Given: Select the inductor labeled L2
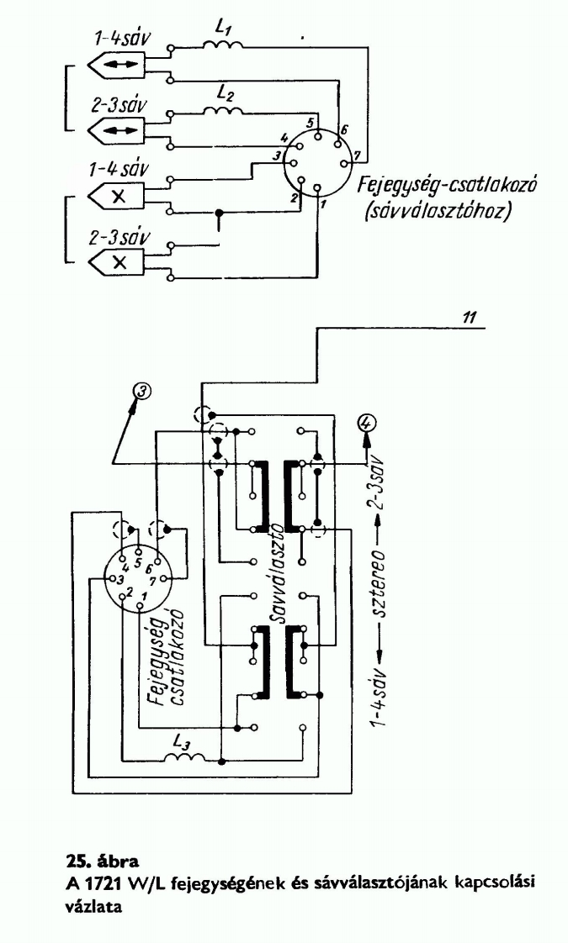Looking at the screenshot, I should coord(223,109).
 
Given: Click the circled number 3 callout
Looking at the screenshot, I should coord(145,391).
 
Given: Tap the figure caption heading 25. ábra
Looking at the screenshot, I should coord(99,860).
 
